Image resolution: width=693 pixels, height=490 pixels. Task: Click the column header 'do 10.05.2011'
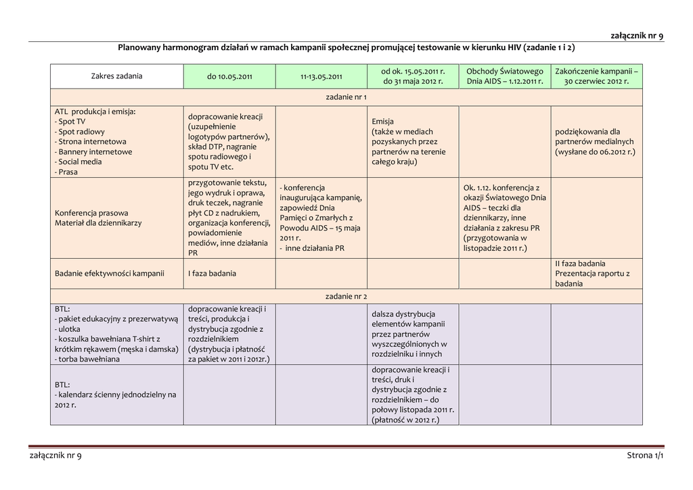[229, 76]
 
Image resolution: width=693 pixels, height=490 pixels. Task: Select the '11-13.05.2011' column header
[321, 76]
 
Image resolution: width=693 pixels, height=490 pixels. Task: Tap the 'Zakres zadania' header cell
[117, 76]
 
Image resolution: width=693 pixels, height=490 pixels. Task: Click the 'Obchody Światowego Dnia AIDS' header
[505, 76]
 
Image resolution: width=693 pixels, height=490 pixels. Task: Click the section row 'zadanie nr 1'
[346, 97]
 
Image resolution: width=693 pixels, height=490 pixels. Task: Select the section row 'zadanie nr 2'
[346, 296]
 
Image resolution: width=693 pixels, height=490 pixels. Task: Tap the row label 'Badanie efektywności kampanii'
[110, 274]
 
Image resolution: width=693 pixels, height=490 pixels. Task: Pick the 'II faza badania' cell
[580, 264]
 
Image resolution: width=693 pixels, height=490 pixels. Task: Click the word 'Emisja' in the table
[382, 122]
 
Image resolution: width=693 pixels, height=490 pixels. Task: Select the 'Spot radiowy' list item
[81, 132]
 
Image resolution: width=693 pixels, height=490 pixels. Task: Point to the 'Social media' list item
[80, 162]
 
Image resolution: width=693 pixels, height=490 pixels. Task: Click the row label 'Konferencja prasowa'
[91, 212]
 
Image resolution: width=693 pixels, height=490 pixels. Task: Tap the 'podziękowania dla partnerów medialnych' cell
[595, 142]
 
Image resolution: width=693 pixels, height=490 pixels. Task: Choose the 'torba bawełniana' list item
[89, 359]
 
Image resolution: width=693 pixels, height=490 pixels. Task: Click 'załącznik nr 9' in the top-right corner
[637, 35]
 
